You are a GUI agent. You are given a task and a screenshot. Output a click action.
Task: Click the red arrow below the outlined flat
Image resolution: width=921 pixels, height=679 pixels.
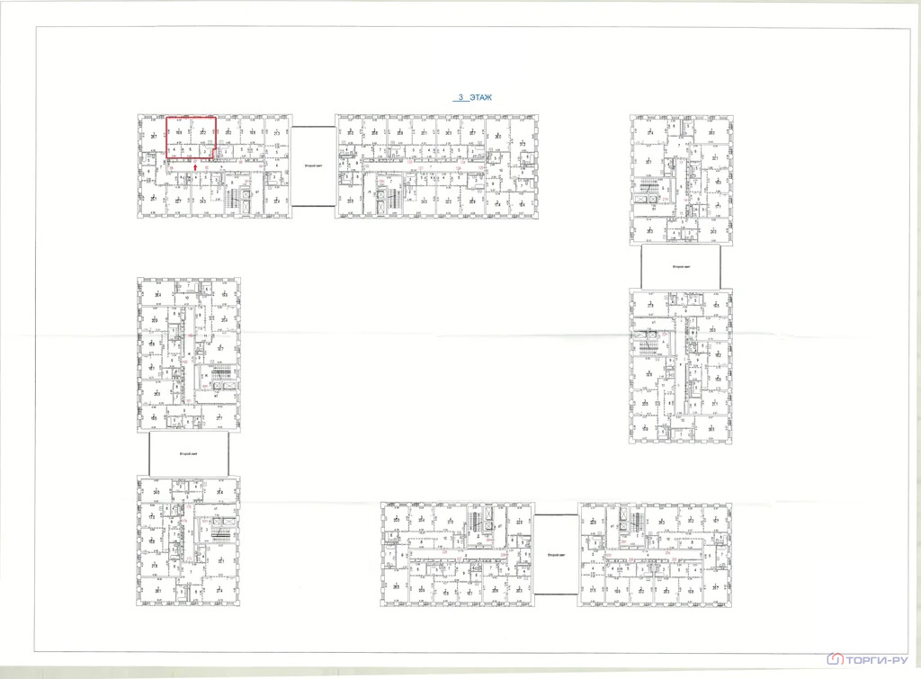tap(197, 167)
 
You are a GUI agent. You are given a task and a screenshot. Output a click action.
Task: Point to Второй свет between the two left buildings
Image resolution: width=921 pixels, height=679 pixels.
tap(188, 454)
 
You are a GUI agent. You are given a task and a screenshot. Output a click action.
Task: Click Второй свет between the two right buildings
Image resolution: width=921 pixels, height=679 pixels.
tap(680, 267)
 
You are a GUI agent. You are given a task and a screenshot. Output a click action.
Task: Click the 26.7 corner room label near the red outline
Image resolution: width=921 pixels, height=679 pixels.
tap(154, 136)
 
